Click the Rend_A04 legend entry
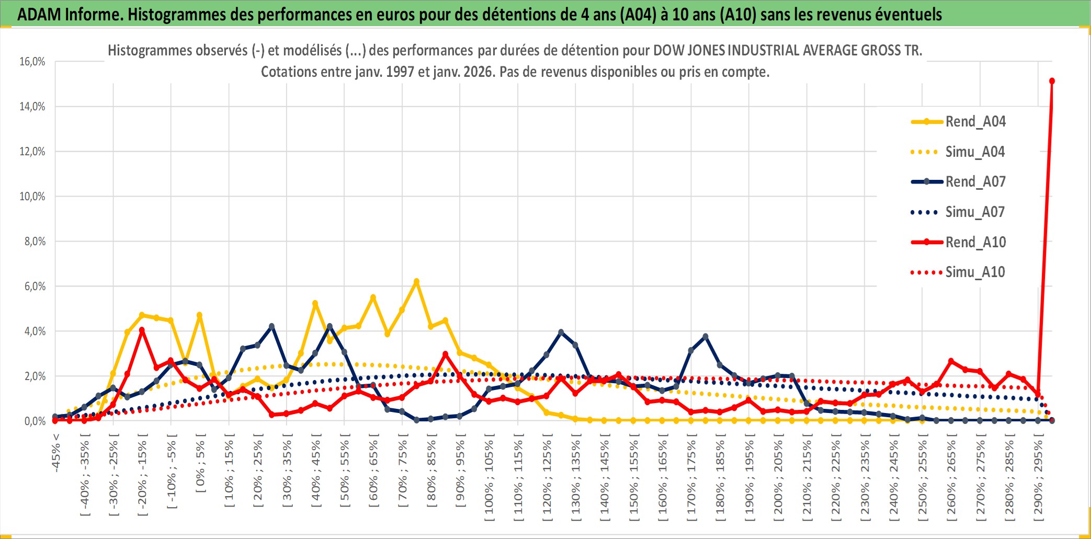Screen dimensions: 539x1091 click(975, 122)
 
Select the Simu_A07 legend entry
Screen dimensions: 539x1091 click(975, 212)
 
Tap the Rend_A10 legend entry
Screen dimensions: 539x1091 click(975, 242)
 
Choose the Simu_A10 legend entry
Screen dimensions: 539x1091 click(975, 272)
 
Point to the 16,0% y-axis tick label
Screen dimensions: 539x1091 click(32, 62)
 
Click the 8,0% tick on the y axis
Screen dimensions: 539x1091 click(35, 242)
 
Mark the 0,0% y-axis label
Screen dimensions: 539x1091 click(35, 421)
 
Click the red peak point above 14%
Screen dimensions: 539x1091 click(1052, 81)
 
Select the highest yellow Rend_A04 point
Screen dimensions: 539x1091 click(416, 281)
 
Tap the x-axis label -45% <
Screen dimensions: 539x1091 click(56, 453)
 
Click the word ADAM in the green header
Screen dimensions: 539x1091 click(39, 14)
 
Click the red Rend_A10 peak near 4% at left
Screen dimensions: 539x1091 click(142, 330)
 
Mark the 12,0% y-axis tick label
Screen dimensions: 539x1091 click(32, 152)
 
